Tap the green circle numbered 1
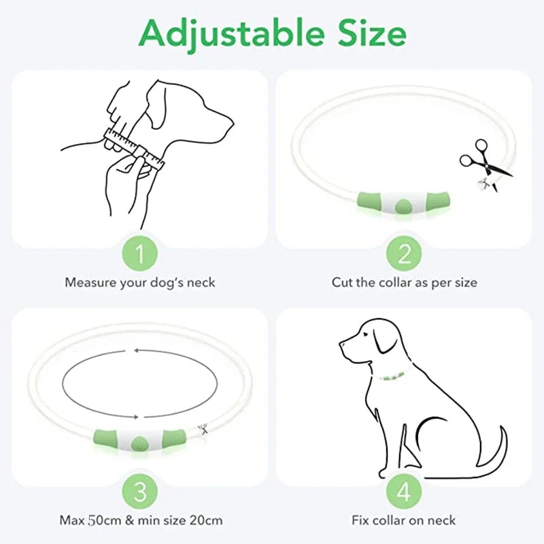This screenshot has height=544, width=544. tap(139, 255)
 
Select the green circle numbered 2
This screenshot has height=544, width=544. tap(405, 255)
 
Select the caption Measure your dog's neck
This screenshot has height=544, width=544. tap(139, 282)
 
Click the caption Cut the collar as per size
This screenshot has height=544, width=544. tap(405, 282)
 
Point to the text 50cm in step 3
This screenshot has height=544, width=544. tap(101, 521)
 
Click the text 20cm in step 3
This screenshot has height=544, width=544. tap(206, 521)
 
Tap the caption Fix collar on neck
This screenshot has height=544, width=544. tap(405, 521)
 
